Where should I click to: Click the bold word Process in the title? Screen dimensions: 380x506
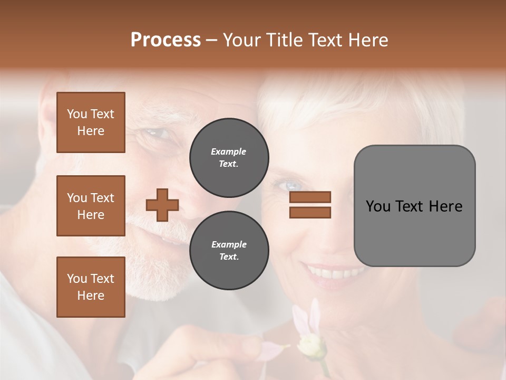pos(166,40)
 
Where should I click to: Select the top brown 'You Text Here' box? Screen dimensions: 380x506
pos(91,122)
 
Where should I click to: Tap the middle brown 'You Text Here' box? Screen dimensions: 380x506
pos(91,206)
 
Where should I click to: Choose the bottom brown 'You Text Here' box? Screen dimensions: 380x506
pos(91,287)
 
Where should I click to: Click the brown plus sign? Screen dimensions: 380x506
pos(162,205)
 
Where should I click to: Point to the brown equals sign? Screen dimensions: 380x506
pos(310,205)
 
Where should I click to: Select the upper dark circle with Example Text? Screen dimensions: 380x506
pos(229,158)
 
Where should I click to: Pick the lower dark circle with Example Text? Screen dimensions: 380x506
pos(229,251)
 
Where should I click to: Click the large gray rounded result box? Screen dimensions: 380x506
pos(414,206)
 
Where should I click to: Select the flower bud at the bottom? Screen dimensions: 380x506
pos(309,346)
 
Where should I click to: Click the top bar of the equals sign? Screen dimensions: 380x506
pos(310,197)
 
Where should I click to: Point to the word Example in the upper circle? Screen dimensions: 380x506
pos(229,151)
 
